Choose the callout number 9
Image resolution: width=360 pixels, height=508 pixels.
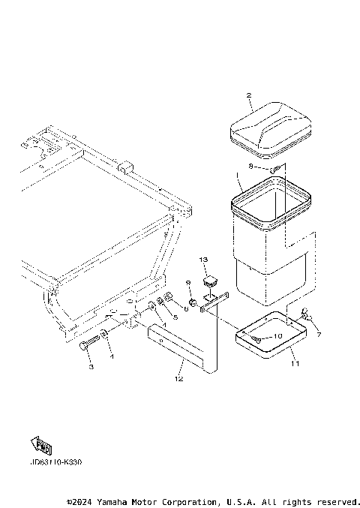coord(189,283)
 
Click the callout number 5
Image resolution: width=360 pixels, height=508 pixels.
coord(175,317)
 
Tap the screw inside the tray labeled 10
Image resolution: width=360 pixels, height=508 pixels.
coord(258,340)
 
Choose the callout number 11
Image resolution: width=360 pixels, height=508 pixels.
coord(295,363)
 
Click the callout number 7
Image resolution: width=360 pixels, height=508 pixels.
coord(317,335)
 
